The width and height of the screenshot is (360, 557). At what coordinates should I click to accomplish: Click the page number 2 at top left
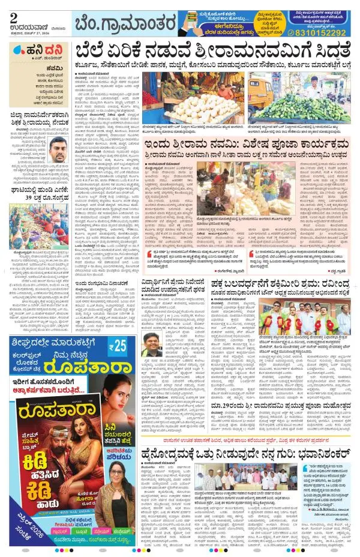point(13,16)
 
